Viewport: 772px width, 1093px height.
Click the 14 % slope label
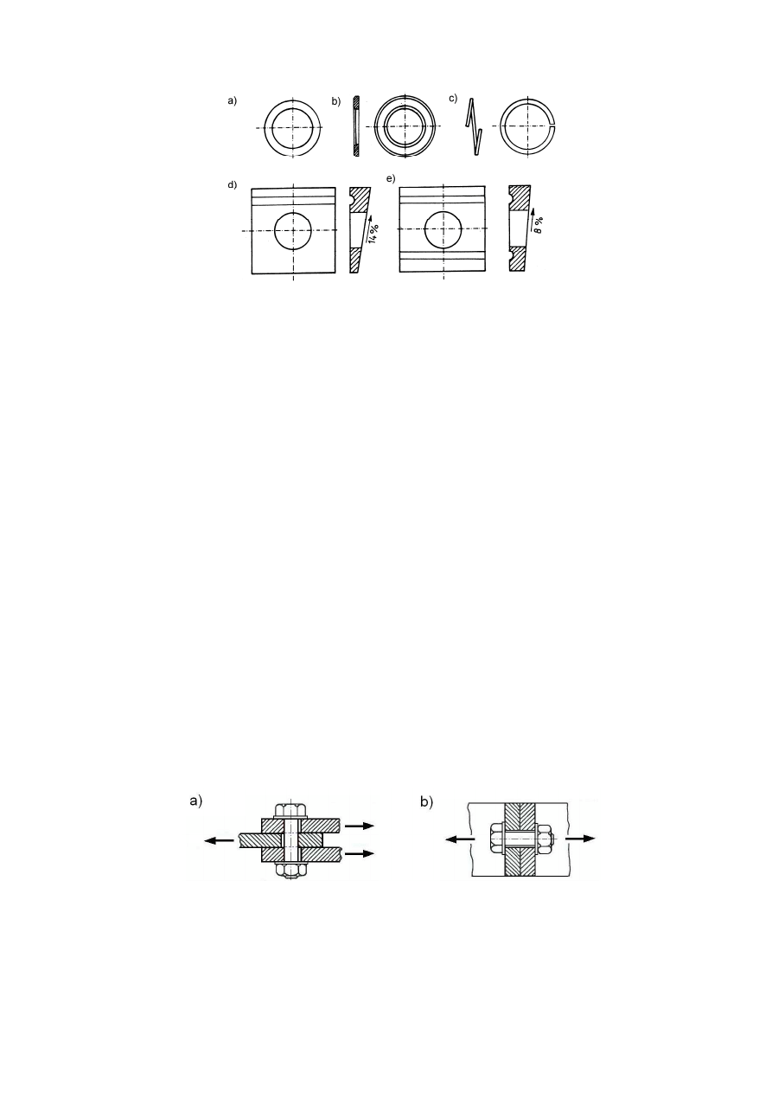373,235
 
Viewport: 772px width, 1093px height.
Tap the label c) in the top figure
453,98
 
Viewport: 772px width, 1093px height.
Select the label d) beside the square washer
232,184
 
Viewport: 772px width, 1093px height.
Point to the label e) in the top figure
391,178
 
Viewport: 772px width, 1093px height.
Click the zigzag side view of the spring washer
473,126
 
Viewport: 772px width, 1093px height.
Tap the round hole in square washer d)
293,230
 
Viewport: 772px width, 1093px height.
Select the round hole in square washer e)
443,229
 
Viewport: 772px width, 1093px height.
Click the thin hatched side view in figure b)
356,125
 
